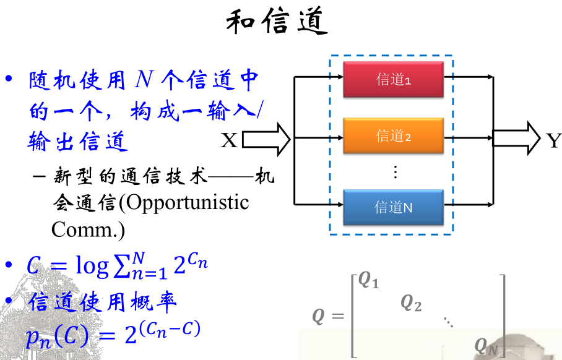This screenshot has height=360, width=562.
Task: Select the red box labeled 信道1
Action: coord(394,79)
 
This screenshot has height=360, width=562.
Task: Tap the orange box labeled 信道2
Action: coord(394,135)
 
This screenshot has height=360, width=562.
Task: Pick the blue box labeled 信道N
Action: coord(394,208)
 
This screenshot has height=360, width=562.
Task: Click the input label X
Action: coord(229,141)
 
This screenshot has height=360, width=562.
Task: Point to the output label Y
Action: coord(553,141)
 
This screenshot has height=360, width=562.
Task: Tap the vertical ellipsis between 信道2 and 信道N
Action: coord(395,172)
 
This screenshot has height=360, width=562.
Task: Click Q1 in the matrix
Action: coord(369,281)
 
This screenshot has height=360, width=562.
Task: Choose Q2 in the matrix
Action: coord(411,302)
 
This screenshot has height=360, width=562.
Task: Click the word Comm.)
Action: coord(88,229)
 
